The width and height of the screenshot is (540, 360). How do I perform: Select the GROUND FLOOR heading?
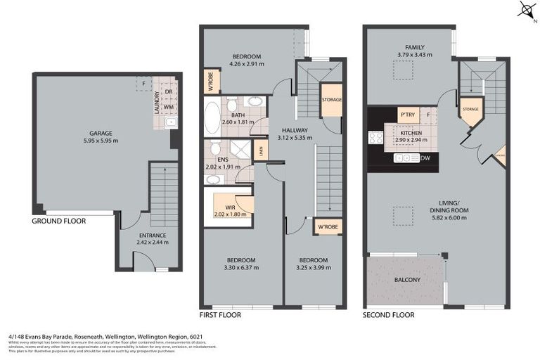[x=59, y=221]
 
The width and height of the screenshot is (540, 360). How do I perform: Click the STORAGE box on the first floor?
[x=332, y=100]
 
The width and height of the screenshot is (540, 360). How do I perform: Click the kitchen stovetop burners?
[x=375, y=137]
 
